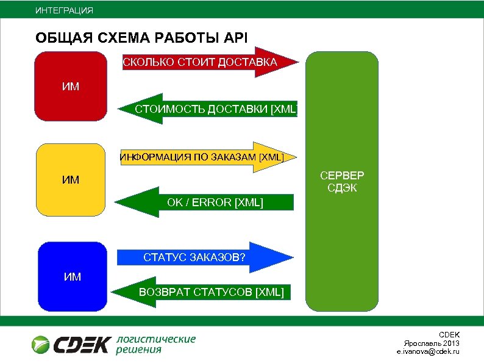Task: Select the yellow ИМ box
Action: [x=71, y=179]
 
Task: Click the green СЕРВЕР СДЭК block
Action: [x=342, y=244]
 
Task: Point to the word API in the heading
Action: [x=235, y=37]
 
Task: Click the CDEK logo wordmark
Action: [x=82, y=345]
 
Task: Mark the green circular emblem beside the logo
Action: [x=41, y=345]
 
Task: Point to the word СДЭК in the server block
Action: [x=342, y=188]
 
